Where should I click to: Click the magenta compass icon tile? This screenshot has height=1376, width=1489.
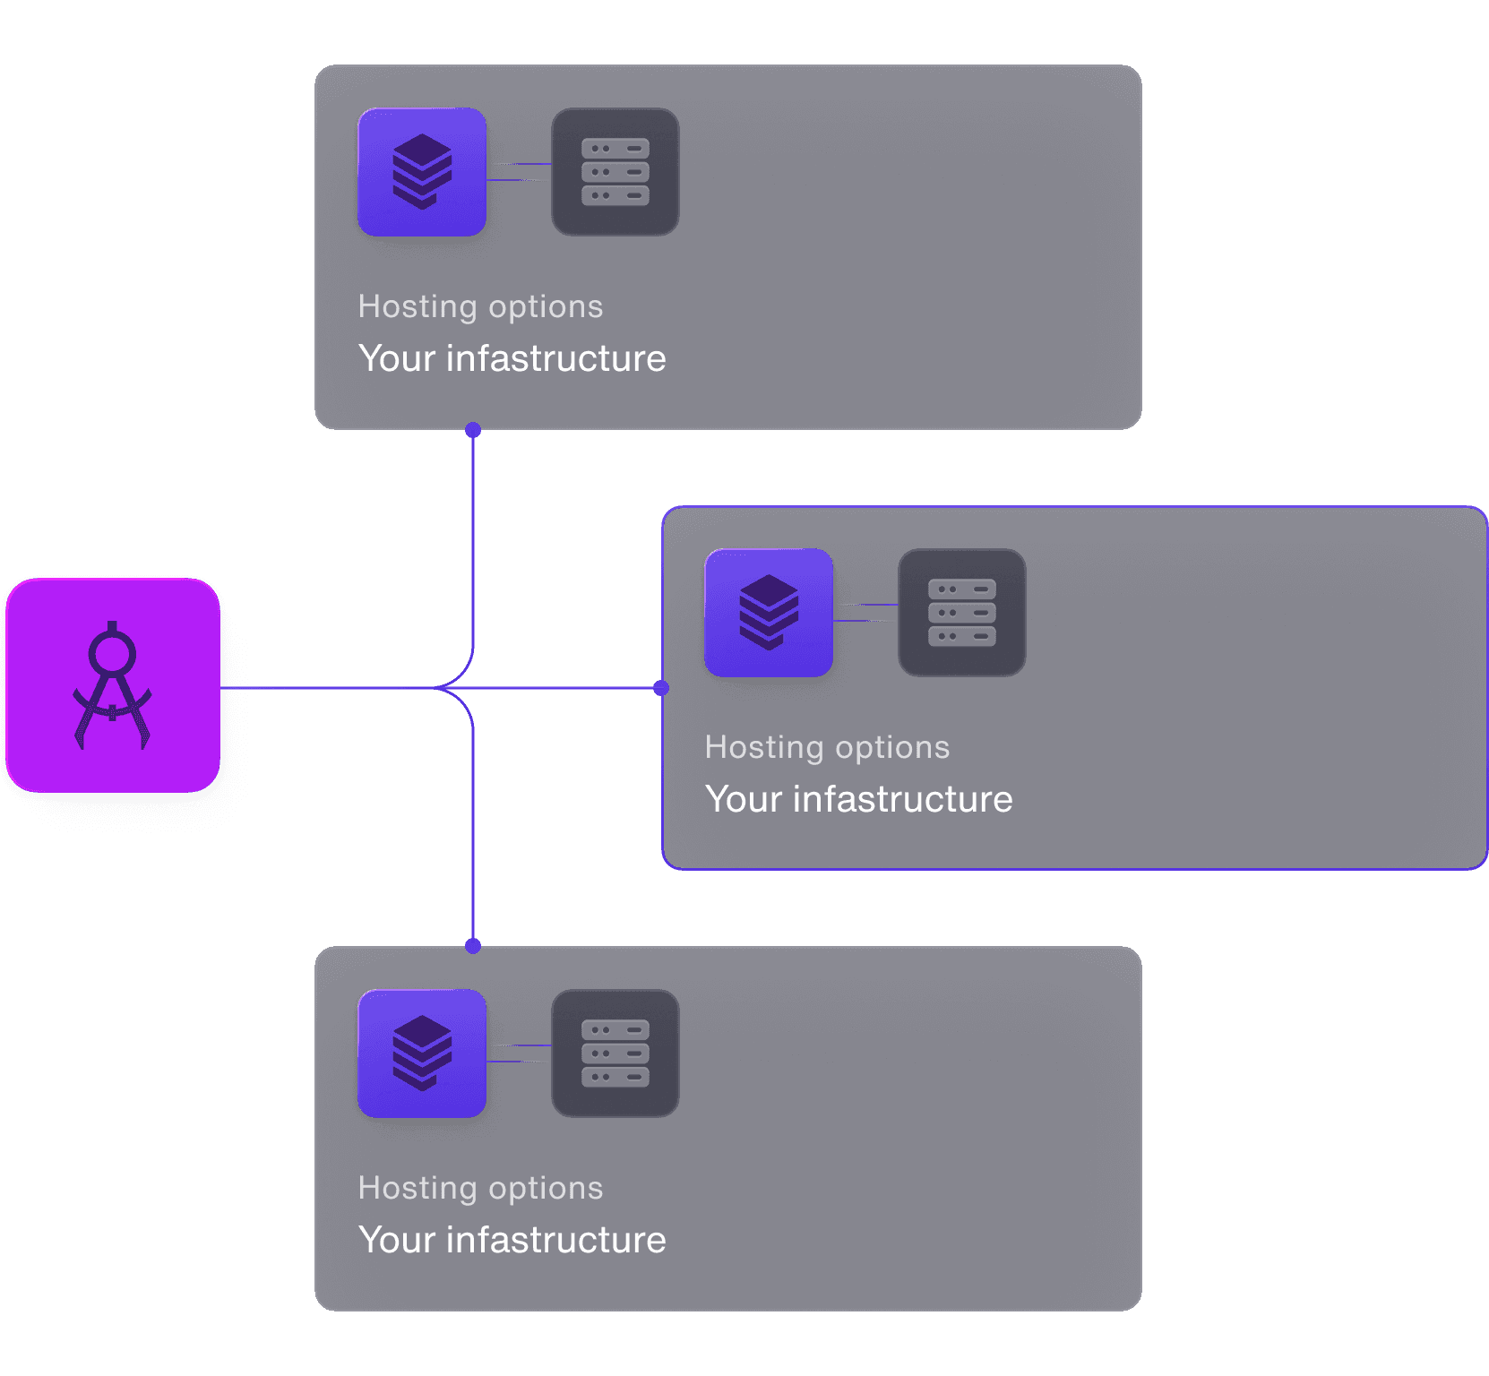[x=113, y=685]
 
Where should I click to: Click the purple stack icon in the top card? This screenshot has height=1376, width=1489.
[x=422, y=172]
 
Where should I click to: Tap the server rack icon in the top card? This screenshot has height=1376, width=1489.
[x=615, y=172]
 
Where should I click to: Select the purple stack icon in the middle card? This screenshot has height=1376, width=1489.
[x=769, y=613]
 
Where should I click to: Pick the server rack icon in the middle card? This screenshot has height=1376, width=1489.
[x=962, y=613]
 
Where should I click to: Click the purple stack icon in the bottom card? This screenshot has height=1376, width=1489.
[x=422, y=1053]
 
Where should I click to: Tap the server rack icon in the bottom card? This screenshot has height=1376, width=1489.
[x=615, y=1053]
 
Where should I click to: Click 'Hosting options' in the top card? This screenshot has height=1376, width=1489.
[x=480, y=306]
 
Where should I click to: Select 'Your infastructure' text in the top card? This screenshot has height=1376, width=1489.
[x=512, y=358]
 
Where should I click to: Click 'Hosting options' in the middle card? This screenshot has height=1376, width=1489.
[x=827, y=747]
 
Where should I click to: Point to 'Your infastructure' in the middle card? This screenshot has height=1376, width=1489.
[x=858, y=799]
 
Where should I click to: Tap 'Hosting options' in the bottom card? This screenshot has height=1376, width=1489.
[x=480, y=1188]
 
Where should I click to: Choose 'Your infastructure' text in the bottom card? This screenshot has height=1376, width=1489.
[x=512, y=1240]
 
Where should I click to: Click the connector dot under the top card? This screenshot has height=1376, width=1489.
[x=473, y=430]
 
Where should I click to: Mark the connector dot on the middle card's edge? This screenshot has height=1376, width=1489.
[x=661, y=688]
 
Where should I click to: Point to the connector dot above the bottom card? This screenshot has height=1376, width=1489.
[x=473, y=946]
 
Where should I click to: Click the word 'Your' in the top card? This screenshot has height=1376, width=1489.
[x=397, y=358]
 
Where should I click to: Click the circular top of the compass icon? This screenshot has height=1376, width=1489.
[x=112, y=653]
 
